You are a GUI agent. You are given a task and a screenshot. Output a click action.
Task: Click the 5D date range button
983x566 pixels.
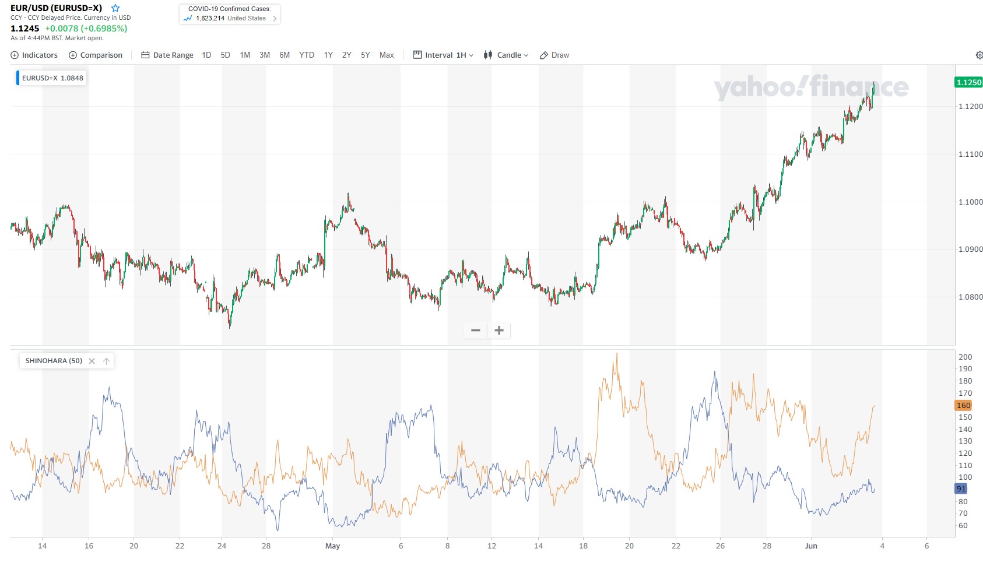[x=225, y=55]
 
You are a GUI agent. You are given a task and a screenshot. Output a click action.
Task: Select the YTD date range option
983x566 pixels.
[x=306, y=55]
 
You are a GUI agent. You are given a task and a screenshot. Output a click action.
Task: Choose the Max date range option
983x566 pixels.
[x=387, y=55]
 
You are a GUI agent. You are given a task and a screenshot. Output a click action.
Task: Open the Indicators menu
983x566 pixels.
[x=34, y=55]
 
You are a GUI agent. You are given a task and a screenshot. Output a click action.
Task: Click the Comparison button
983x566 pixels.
[x=96, y=55]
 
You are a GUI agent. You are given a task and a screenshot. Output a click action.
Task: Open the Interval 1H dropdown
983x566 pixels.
[x=443, y=55]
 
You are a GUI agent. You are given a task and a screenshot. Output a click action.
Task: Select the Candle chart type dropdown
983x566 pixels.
[x=505, y=55]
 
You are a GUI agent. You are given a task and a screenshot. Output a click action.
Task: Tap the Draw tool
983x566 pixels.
[x=554, y=55]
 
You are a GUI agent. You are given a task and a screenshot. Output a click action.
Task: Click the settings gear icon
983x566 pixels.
[x=979, y=55]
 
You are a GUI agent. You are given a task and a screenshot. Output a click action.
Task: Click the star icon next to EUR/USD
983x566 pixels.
[x=115, y=8]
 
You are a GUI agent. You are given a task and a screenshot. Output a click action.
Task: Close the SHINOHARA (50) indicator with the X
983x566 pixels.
[x=92, y=361]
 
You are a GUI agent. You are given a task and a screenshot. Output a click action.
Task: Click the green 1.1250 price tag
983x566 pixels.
[x=968, y=82]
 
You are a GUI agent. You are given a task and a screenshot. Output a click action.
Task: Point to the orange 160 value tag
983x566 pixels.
[x=963, y=405]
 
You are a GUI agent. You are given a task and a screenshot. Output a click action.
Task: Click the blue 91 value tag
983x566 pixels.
[x=961, y=488]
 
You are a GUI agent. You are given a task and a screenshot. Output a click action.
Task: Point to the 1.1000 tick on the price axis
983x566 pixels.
[x=970, y=202]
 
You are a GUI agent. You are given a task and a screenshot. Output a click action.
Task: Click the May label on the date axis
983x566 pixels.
[x=332, y=546]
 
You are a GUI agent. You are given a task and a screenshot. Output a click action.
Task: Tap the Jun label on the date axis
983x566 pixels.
[x=811, y=546]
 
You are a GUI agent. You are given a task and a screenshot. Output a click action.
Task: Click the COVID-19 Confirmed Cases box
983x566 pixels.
[x=230, y=14]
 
